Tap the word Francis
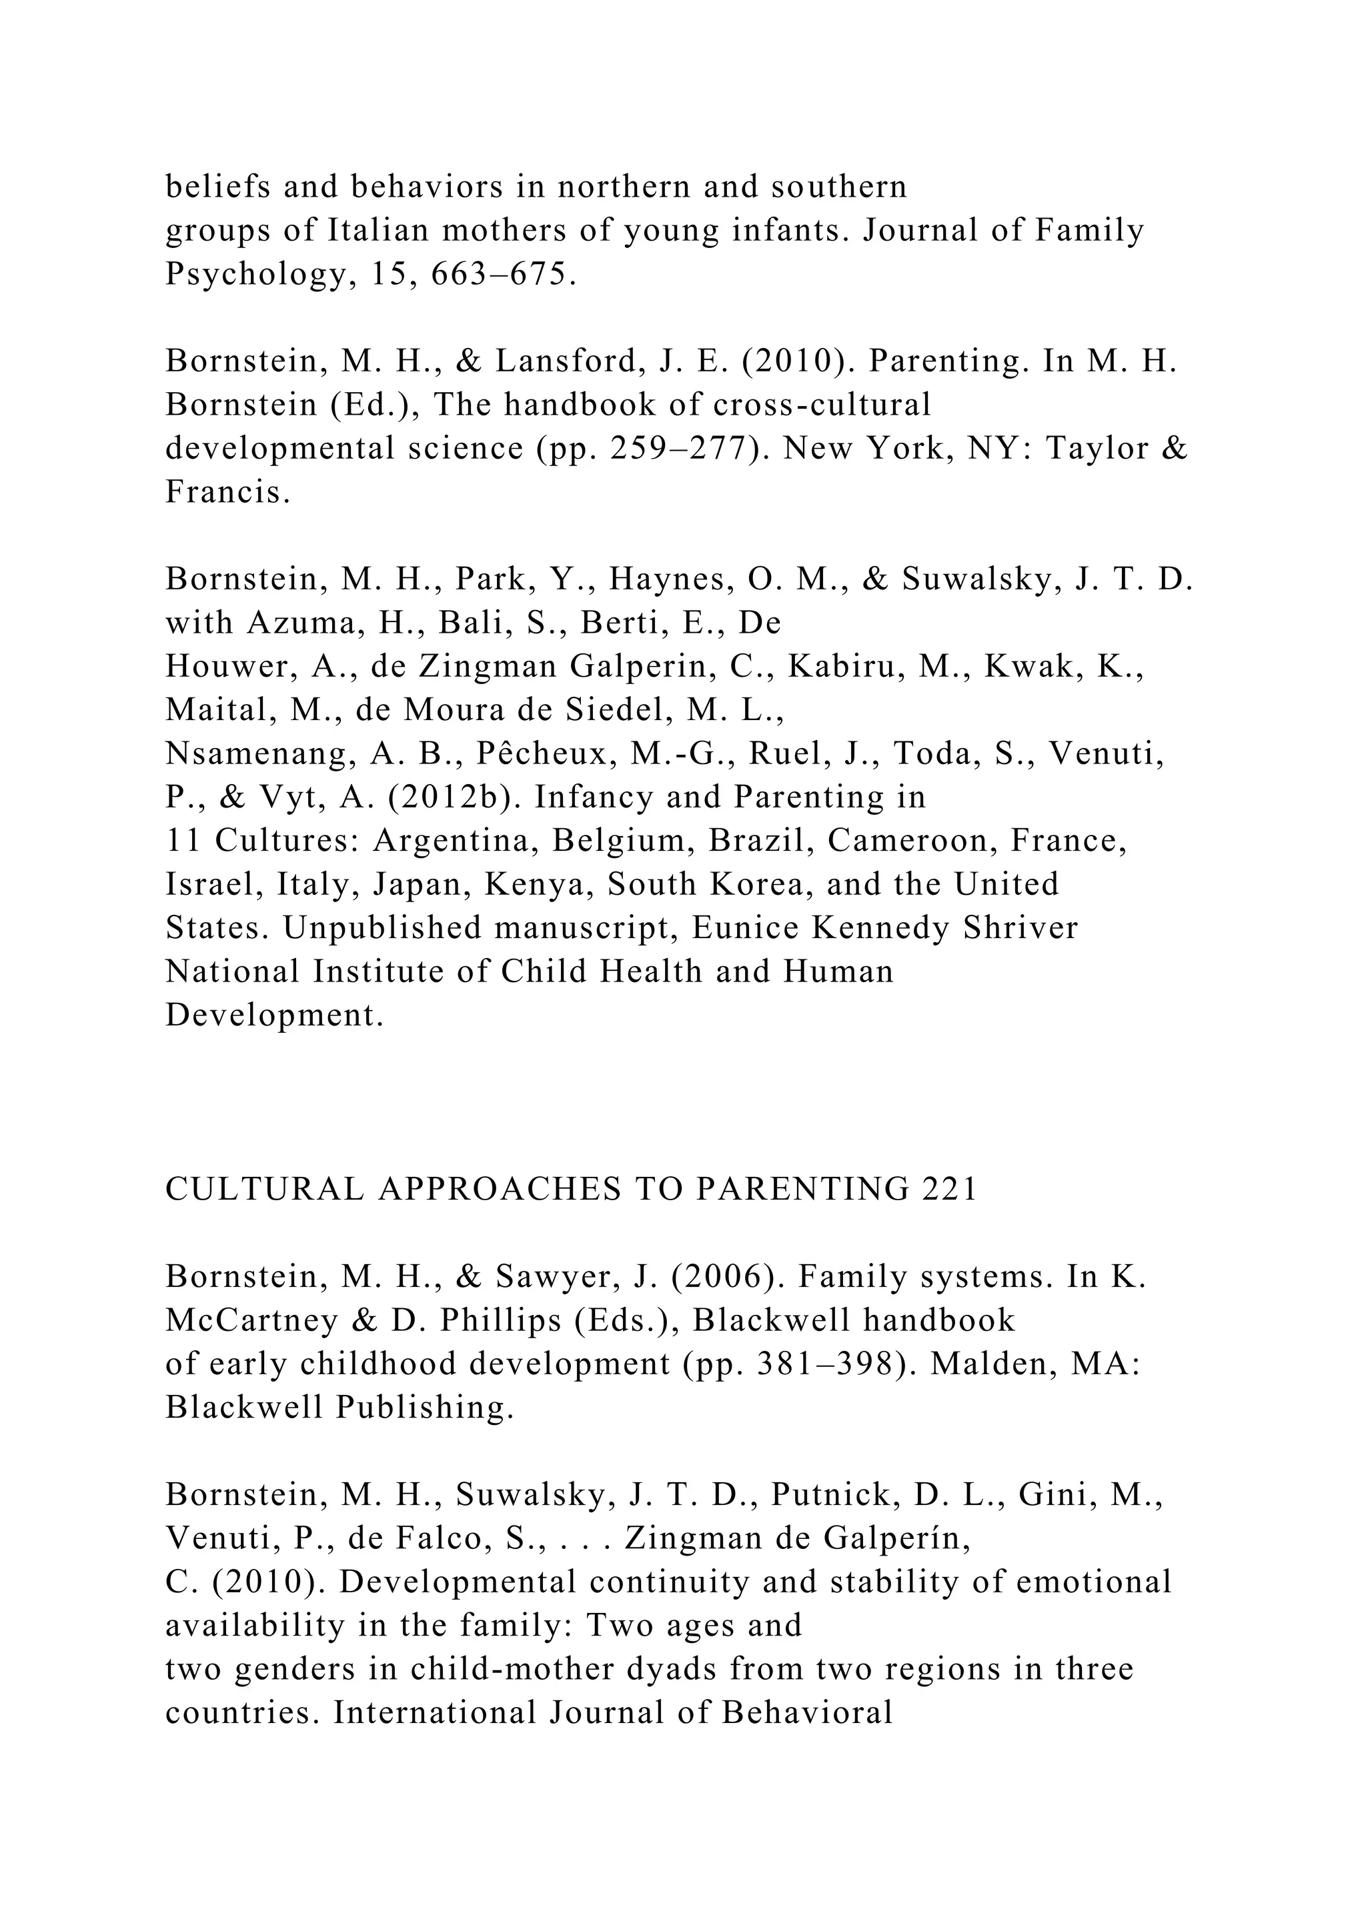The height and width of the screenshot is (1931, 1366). tap(227, 493)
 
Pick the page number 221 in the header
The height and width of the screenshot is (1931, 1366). tap(950, 1190)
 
